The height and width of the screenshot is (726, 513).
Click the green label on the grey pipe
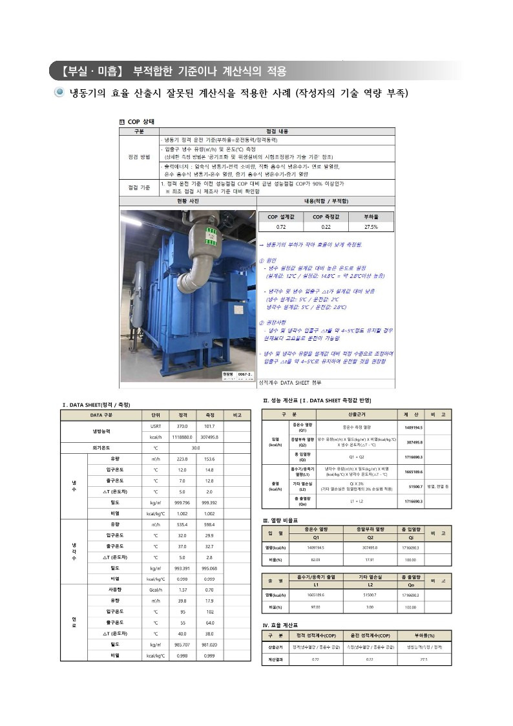pyautogui.click(x=192, y=230)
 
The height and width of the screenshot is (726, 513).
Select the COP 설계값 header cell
pyautogui.click(x=281, y=217)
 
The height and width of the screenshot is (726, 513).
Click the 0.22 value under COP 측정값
pyautogui.click(x=326, y=228)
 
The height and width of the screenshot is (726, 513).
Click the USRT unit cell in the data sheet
pyautogui.click(x=156, y=426)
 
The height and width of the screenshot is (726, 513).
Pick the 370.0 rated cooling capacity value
pyautogui.click(x=182, y=426)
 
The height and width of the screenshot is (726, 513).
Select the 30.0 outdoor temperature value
pyautogui.click(x=196, y=447)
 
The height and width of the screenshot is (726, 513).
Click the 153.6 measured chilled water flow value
pyautogui.click(x=209, y=458)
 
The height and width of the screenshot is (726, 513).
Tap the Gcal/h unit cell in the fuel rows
pyautogui.click(x=156, y=590)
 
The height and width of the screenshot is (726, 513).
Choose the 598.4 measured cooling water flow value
pyautogui.click(x=209, y=524)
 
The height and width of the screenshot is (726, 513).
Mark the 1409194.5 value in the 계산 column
pyautogui.click(x=414, y=428)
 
